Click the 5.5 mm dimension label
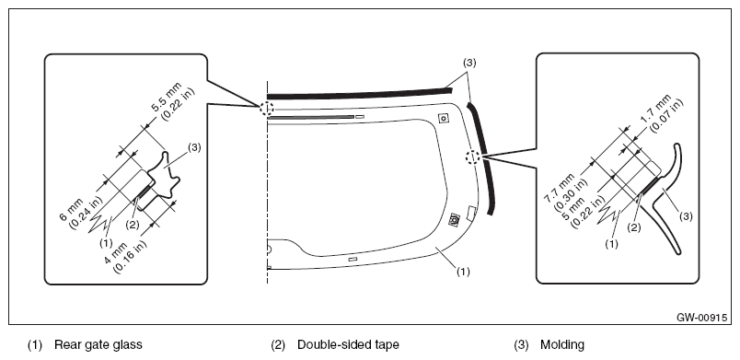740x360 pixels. pos(172,101)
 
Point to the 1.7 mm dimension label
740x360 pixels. pos(662,113)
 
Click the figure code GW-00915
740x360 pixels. pos(701,318)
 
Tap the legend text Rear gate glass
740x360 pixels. pos(98,345)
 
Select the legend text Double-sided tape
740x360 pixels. pos(348,345)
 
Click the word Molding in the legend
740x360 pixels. pos(562,345)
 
